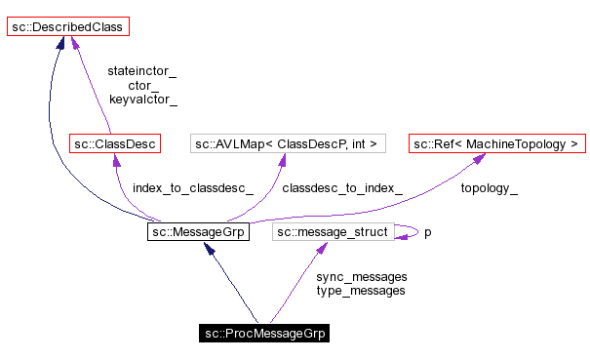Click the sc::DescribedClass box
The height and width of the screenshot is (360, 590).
[x=66, y=27]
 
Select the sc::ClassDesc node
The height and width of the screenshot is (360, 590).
[x=114, y=144]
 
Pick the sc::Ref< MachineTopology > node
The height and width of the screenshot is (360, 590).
[x=496, y=144]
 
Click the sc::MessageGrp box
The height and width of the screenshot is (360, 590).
[x=196, y=232]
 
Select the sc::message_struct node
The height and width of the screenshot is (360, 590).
[x=333, y=232]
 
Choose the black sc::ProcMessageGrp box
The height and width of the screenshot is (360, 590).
[x=263, y=334]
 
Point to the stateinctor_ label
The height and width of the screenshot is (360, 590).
[x=142, y=71]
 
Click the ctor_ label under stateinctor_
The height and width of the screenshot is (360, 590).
[x=142, y=85]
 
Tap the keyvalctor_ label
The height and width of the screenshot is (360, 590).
[x=142, y=99]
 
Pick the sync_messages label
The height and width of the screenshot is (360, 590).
[x=361, y=276]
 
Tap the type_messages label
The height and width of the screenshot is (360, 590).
[x=361, y=290]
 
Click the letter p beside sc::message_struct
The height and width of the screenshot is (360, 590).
[x=427, y=233]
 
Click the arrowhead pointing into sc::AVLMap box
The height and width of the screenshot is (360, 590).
[x=284, y=163]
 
